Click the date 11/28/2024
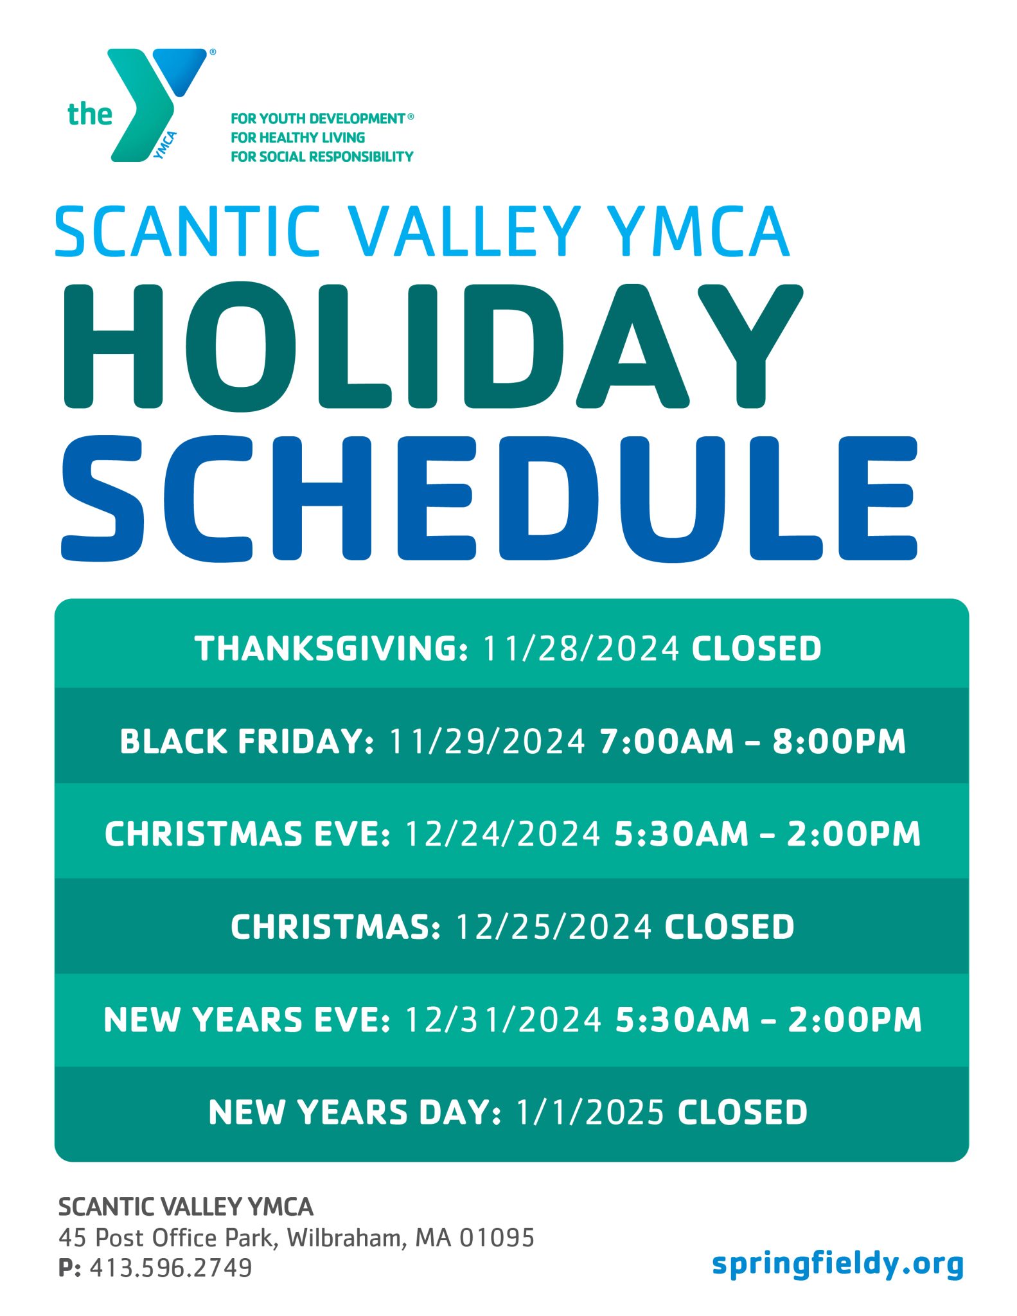pos(580,648)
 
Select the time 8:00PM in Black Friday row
pos(838,742)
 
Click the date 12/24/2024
pos(502,834)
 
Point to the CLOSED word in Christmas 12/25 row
pos(729,927)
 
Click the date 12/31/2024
pos(503,1020)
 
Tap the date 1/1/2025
pos(589,1113)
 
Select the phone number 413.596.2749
pos(171,1268)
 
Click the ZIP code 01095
pos(497,1238)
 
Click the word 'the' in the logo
pos(89,114)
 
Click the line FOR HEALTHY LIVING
pos(297,138)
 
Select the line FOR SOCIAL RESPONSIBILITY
pos(322,157)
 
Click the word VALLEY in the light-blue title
pos(464,232)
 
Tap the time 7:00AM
pos(666,742)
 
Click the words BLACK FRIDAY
pos(246,742)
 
